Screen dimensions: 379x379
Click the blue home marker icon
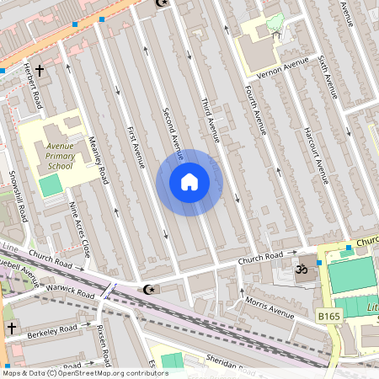[189, 182]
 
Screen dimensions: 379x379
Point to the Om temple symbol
[298, 270]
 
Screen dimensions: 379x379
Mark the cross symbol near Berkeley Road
[12, 327]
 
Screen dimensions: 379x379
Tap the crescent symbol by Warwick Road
[150, 290]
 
